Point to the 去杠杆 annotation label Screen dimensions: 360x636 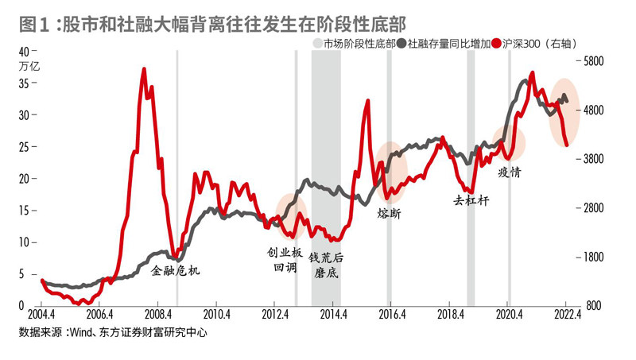pyautogui.click(x=471, y=200)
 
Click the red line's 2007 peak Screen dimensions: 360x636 pyautogui.click(x=144, y=69)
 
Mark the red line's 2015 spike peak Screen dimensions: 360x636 pyautogui.click(x=367, y=101)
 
